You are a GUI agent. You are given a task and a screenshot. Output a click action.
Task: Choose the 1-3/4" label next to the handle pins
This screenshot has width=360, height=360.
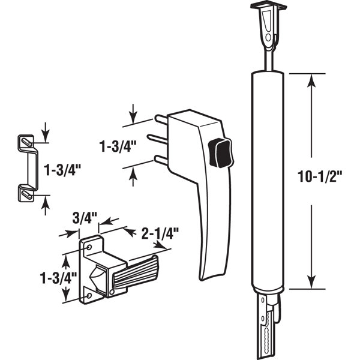118,145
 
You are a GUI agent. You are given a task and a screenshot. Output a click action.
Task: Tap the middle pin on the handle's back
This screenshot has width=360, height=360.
159,139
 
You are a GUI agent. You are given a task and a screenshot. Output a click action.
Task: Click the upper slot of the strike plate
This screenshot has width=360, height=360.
25,142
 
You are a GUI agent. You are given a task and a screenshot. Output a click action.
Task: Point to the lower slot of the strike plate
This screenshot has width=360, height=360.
25,193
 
